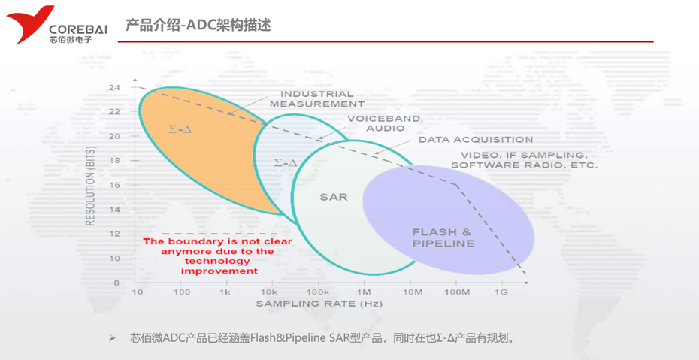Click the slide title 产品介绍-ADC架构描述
click(x=198, y=26)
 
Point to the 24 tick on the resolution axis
click(x=114, y=87)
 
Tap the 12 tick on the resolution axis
click(x=114, y=234)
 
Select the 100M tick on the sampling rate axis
click(x=455, y=292)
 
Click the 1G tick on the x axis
click(x=501, y=292)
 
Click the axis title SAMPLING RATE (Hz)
click(x=319, y=304)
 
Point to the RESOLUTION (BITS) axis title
click(x=90, y=185)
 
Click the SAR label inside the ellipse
click(x=334, y=197)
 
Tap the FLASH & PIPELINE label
click(x=443, y=237)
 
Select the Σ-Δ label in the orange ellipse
click(x=180, y=129)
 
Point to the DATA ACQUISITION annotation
click(x=476, y=140)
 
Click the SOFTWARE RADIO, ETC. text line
click(x=525, y=165)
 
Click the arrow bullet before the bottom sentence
click(x=112, y=338)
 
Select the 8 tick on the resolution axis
click(x=116, y=283)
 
